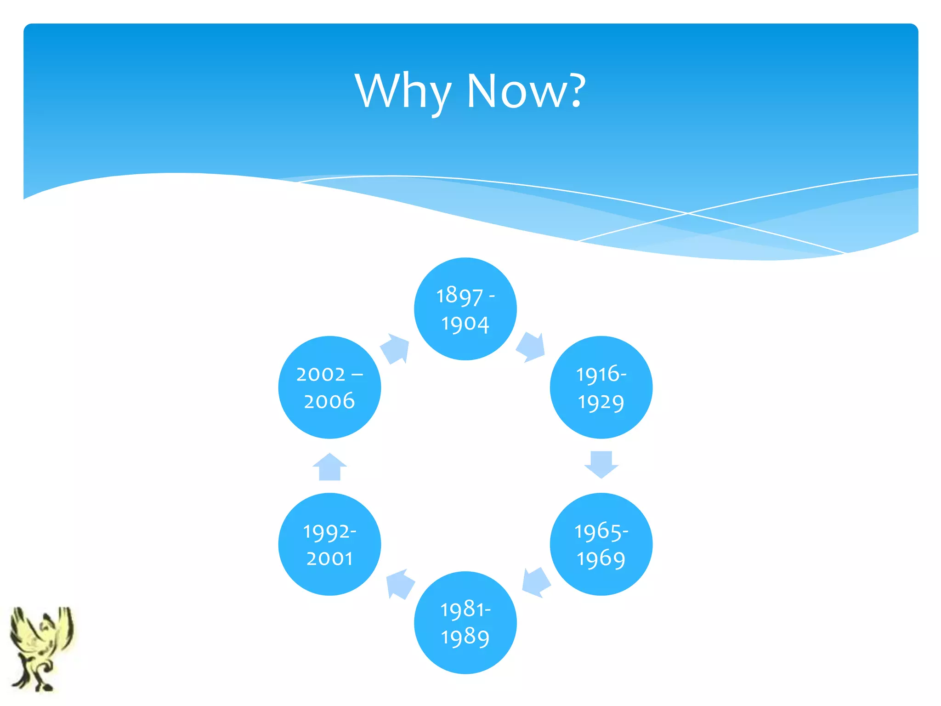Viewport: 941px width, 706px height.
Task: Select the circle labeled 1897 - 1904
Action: (x=465, y=309)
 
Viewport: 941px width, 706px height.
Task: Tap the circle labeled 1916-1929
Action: (x=601, y=387)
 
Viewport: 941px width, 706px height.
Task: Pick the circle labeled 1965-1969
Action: (x=601, y=544)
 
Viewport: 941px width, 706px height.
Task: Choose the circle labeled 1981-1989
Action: (x=465, y=623)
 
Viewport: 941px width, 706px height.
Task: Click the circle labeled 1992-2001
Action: (x=329, y=544)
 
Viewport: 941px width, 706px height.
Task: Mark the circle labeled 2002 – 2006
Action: (x=329, y=387)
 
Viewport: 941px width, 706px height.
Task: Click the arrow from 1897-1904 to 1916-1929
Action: (x=531, y=347)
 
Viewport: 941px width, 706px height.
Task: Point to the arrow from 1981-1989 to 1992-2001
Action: (x=400, y=584)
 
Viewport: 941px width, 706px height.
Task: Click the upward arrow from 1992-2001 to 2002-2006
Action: (x=329, y=467)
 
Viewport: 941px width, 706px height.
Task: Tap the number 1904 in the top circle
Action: (x=465, y=324)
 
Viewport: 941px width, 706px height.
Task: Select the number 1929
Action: (x=601, y=403)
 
